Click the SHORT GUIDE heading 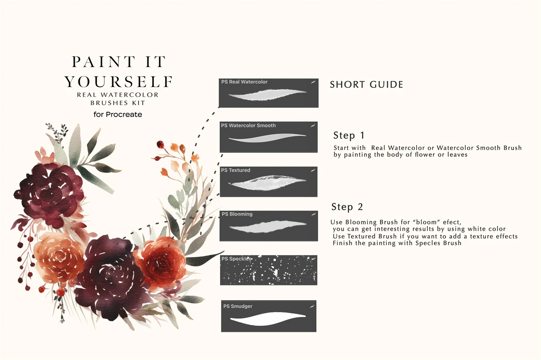click(367, 85)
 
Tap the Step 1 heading click(349, 135)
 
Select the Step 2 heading click(347, 207)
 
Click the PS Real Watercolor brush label click(244, 82)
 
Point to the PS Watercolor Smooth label click(248, 125)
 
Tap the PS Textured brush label click(235, 170)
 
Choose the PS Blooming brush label click(237, 214)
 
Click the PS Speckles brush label click(236, 259)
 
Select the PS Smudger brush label click(238, 306)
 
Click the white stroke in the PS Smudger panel click(268, 319)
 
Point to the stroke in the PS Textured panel click(267, 183)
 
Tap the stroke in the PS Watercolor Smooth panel click(267, 137)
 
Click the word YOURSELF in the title click(119, 82)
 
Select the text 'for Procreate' click(118, 114)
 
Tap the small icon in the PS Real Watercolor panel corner click(313, 82)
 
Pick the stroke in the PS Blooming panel click(268, 227)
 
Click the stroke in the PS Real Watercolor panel click(267, 95)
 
